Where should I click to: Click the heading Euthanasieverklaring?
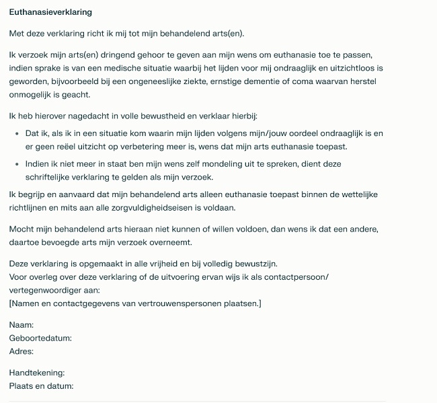(50, 12)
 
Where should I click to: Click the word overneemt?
(212, 242)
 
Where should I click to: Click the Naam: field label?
(22, 325)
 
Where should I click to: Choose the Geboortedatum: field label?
(40, 338)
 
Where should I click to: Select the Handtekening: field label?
(37, 372)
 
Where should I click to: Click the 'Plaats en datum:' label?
(41, 386)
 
